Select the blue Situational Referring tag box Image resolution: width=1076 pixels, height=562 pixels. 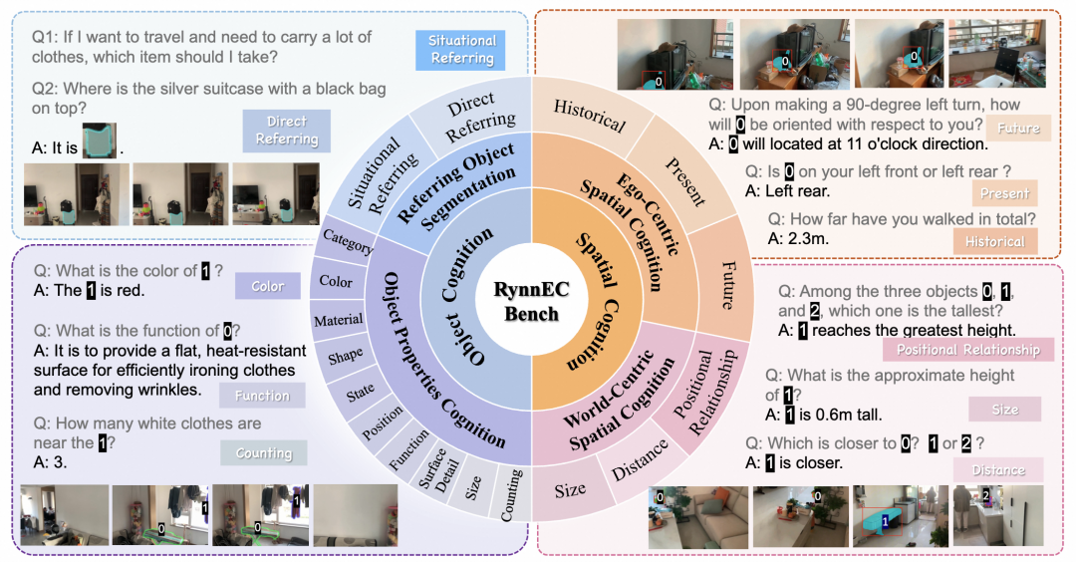pos(461,49)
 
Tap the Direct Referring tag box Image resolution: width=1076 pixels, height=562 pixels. pos(286,130)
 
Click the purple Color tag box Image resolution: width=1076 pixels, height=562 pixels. pos(267,286)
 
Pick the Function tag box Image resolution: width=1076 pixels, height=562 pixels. pos(261,396)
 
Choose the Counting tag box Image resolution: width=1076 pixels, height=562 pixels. pos(263,453)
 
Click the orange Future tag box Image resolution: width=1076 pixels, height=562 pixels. pos(1018,129)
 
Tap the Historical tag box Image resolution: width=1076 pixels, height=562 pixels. pos(994,241)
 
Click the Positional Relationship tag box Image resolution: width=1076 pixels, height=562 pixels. pos(966,350)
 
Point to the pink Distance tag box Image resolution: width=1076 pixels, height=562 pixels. pos(997,469)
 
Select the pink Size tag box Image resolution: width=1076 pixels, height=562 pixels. pos(1004,409)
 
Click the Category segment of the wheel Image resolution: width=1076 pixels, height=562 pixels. pos(348,242)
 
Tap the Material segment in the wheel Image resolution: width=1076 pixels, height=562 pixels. pos(338,321)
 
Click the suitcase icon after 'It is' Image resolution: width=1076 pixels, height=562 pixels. pos(99,143)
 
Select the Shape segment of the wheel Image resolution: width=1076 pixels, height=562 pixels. pos(347,356)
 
